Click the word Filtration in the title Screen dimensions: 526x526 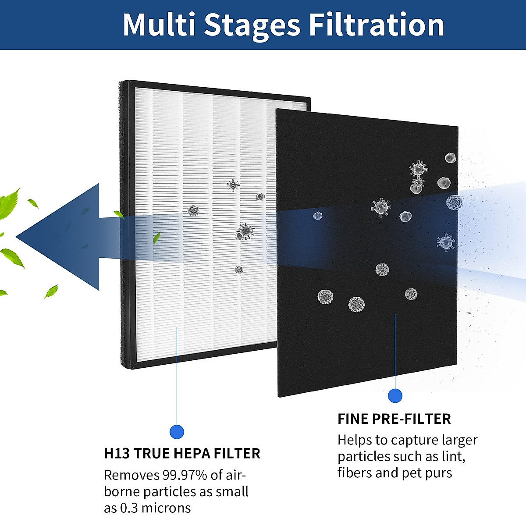376,25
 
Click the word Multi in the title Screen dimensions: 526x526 159,25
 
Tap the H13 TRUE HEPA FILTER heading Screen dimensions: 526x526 182,453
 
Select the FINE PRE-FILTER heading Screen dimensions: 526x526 394,419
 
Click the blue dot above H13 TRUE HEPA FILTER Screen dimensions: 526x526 177,432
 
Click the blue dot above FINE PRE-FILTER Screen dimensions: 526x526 395,396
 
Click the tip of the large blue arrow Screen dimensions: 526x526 18,237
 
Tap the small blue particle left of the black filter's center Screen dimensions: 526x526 318,216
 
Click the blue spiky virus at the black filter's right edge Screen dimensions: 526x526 446,242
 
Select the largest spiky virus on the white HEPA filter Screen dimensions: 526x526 245,231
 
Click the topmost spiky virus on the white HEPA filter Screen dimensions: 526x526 233,185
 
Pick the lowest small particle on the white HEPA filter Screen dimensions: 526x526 238,270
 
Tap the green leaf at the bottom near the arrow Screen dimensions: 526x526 51,291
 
